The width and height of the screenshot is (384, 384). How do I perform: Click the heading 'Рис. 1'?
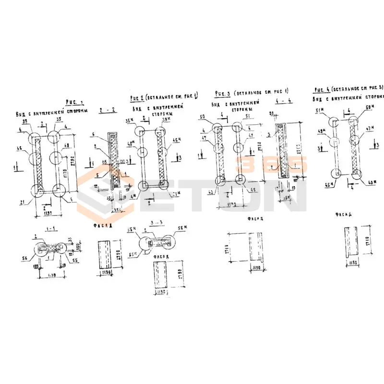pos(74,102)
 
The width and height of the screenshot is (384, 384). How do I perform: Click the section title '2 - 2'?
pos(107,110)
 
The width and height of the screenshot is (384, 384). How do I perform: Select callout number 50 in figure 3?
pos(202,117)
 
